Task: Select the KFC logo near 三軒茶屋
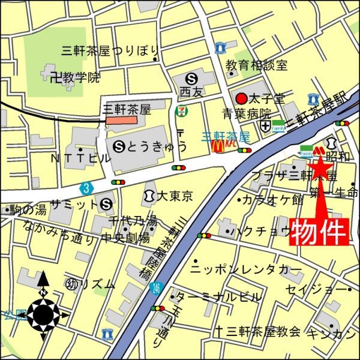229,145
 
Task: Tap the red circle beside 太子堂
241,98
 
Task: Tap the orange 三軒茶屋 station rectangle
121,120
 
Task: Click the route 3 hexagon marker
88,188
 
